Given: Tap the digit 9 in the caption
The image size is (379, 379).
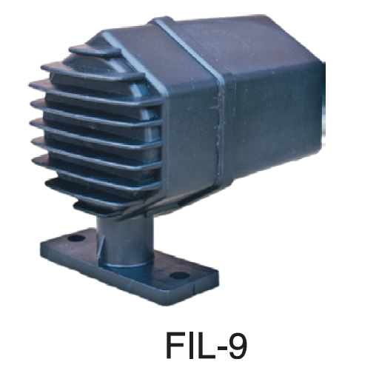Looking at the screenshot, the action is click(238, 345).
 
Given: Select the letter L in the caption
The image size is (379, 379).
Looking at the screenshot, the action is click(204, 345).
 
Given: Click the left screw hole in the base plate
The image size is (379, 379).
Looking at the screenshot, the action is click(76, 238).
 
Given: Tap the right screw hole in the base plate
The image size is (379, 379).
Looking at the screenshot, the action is click(180, 275).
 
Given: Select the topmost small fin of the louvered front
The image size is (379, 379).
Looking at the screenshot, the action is click(95, 50).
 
